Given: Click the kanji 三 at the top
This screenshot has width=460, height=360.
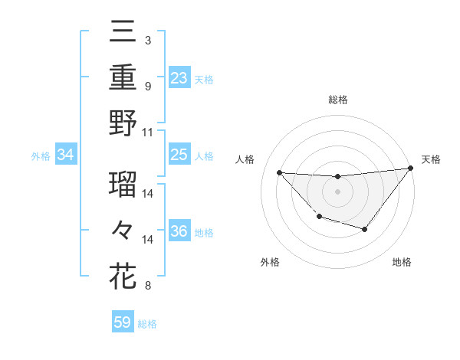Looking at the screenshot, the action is (x=123, y=32).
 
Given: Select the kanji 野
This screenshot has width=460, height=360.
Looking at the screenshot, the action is (x=123, y=124).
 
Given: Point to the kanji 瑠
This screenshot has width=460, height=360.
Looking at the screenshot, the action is (x=123, y=185).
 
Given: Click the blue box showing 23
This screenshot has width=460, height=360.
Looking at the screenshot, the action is (x=179, y=77).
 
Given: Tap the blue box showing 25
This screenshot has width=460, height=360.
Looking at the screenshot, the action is (x=179, y=155).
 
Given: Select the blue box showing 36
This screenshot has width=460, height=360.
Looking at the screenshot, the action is (x=179, y=231).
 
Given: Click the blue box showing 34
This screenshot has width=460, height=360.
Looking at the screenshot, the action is (x=66, y=155).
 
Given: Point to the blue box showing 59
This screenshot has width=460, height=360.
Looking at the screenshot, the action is (x=122, y=322).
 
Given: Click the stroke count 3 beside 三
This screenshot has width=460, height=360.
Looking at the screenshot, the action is (x=147, y=39).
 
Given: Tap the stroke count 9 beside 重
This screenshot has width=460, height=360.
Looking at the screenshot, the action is (x=147, y=86).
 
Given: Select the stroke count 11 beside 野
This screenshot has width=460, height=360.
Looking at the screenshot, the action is (x=148, y=132).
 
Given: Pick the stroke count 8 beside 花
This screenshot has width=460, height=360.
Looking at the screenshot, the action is (x=147, y=286).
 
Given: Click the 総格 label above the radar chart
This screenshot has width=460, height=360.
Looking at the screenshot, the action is (x=337, y=100).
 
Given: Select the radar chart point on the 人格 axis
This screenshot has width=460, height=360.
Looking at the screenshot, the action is (x=279, y=172).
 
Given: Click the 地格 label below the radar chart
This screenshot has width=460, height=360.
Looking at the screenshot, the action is (x=402, y=263).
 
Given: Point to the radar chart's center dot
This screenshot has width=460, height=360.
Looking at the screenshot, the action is (x=337, y=191).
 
